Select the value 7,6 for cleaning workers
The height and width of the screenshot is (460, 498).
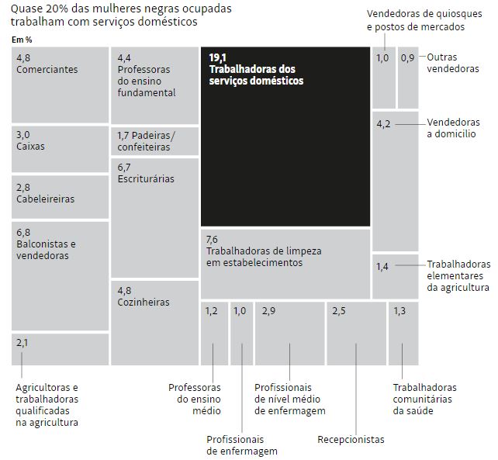pyautogui.click(x=212, y=239)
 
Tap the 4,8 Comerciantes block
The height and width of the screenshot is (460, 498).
pyautogui.click(x=60, y=85)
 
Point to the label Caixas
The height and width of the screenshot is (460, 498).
pyautogui.click(x=30, y=146)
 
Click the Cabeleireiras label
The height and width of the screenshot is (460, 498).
pyautogui.click(x=45, y=199)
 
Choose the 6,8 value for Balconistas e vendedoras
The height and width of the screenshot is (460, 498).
pyautogui.click(x=23, y=232)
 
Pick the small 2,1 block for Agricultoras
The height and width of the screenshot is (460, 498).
pyautogui.click(x=59, y=348)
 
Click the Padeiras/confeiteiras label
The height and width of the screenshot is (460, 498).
pyautogui.click(x=147, y=140)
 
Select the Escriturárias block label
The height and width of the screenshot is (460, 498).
pyautogui.click(x=146, y=179)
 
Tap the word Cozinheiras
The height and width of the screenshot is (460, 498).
pyautogui.click(x=144, y=303)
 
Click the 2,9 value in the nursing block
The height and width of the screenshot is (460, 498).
pyautogui.click(x=268, y=311)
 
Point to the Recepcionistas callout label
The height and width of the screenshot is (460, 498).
pyautogui.click(x=351, y=440)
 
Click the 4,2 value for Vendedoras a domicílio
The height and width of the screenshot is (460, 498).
pyautogui.click(x=383, y=124)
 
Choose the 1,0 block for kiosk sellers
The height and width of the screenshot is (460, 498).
pyautogui.click(x=383, y=78)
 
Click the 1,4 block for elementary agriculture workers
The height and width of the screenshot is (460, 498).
pyautogui.click(x=395, y=275)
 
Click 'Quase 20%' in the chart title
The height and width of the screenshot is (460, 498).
pyautogui.click(x=36, y=10)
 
